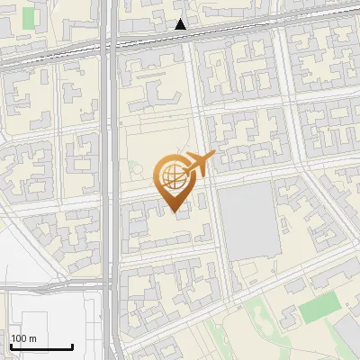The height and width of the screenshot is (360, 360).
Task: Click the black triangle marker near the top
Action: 181,24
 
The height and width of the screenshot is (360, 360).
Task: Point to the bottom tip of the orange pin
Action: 174,212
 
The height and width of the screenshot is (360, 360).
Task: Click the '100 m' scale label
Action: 23,338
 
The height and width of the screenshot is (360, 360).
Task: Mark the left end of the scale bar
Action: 11,346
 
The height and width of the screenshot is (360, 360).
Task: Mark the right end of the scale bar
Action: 72,346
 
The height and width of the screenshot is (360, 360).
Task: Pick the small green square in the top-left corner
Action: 29,18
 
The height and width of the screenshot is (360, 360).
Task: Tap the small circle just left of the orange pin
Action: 132,166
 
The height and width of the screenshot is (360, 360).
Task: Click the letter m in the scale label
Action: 32,338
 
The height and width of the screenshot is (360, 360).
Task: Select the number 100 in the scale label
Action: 19,338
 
